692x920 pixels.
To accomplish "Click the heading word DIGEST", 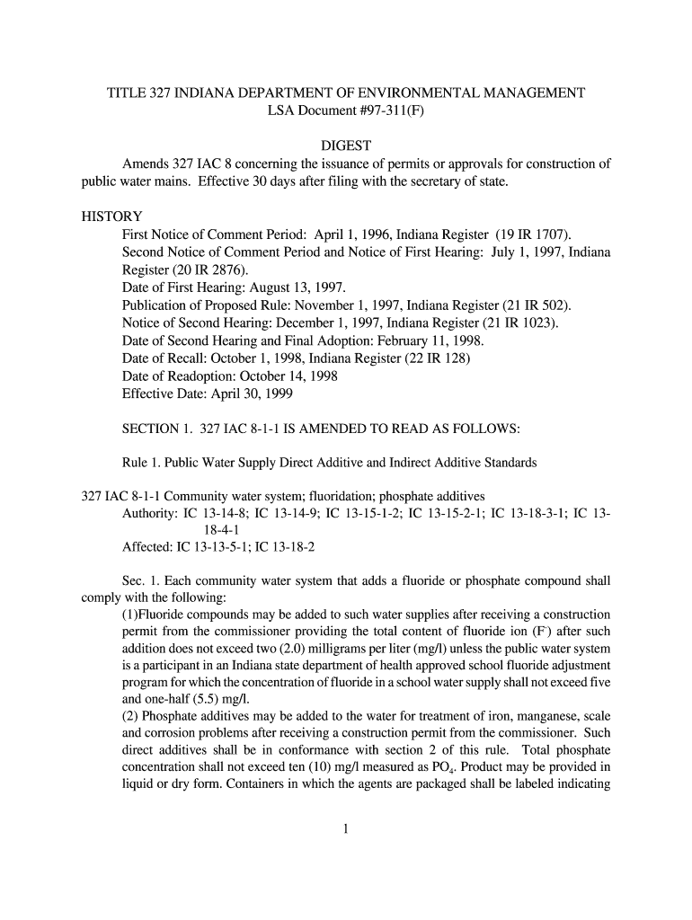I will [346, 146].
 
